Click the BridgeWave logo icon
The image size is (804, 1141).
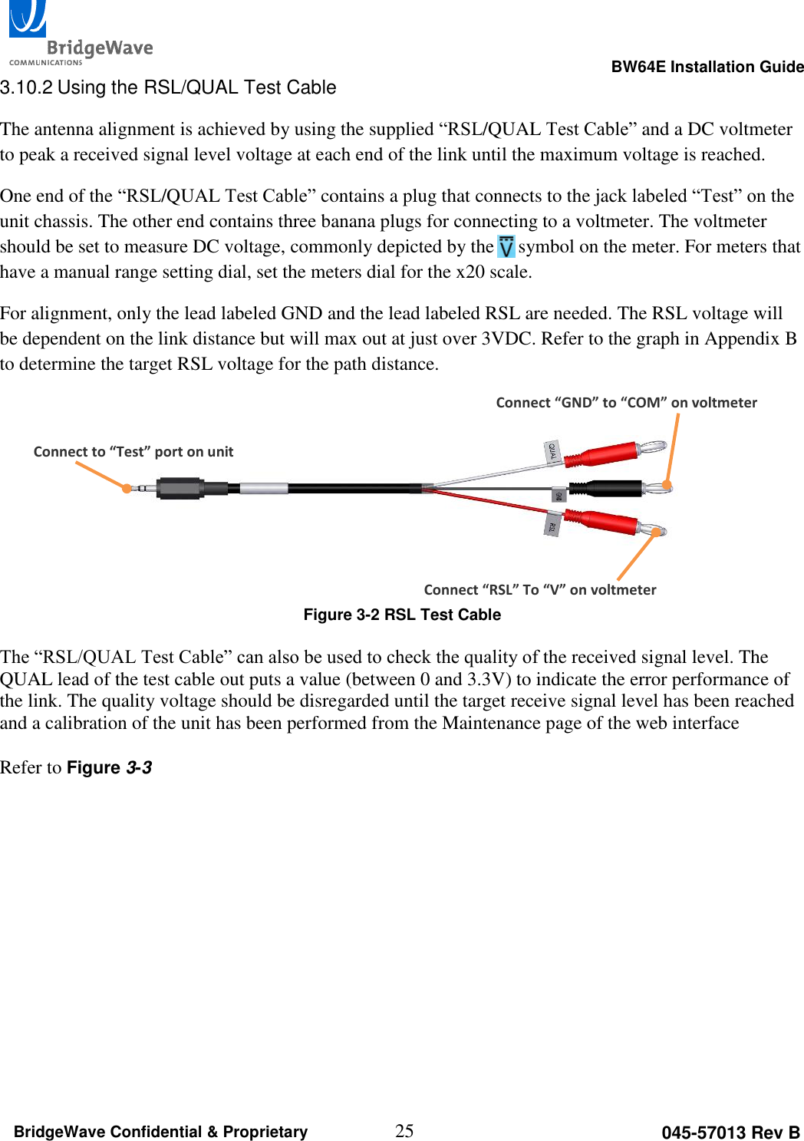tap(28, 19)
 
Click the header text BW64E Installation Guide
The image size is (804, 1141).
tap(707, 67)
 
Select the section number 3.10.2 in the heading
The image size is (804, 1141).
tap(26, 87)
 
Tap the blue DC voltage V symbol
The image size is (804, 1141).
tap(506, 247)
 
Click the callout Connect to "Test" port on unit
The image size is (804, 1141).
tap(133, 452)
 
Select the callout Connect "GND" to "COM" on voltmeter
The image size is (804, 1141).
tap(626, 403)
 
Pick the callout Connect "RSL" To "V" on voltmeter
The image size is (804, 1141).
tap(539, 590)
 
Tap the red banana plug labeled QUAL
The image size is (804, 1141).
tap(610, 454)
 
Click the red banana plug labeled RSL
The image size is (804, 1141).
tap(610, 522)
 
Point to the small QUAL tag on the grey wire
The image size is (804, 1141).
tap(552, 451)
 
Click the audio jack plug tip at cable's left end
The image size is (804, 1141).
tap(139, 488)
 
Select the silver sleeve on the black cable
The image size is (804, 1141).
tap(264, 488)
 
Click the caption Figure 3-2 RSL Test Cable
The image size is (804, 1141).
tap(402, 615)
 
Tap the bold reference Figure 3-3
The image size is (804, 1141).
tap(109, 768)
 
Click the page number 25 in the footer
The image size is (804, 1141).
tap(404, 1130)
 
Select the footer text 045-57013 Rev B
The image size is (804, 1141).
tap(730, 1133)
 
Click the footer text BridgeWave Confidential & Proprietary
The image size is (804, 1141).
tap(160, 1132)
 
